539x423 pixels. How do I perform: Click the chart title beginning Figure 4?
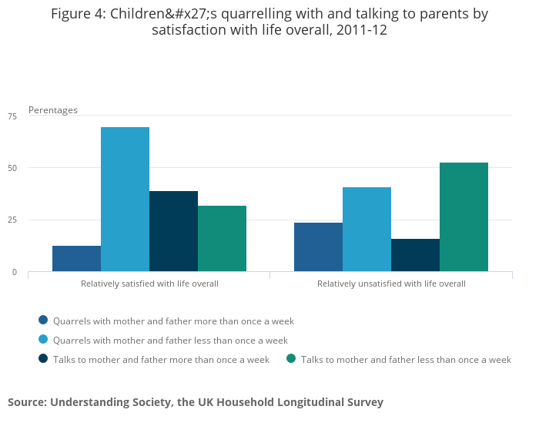(269, 22)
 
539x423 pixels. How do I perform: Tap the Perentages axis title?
(53, 110)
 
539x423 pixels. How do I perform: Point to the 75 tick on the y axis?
(12, 116)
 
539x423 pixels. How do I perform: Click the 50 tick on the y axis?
(12, 168)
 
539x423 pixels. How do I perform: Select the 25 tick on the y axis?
(12, 220)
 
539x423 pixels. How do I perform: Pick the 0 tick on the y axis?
(14, 272)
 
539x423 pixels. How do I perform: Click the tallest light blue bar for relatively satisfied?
(125, 199)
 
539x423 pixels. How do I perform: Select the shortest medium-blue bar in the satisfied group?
(76, 258)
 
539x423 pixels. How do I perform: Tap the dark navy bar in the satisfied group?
(173, 231)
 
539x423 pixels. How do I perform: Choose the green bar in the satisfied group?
(222, 238)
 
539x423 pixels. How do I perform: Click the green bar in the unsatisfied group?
(464, 217)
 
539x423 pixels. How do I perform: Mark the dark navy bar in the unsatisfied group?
(415, 255)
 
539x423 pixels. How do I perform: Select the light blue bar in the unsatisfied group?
(367, 229)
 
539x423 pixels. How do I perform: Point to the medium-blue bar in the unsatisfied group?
(318, 247)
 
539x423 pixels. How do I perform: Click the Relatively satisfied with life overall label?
(149, 284)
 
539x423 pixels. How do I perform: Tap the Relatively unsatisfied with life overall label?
(391, 284)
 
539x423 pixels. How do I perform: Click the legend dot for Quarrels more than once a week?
(43, 321)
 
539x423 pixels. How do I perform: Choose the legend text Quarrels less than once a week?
(170, 340)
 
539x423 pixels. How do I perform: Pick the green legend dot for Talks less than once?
(291, 359)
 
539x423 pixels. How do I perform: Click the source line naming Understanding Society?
(196, 402)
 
